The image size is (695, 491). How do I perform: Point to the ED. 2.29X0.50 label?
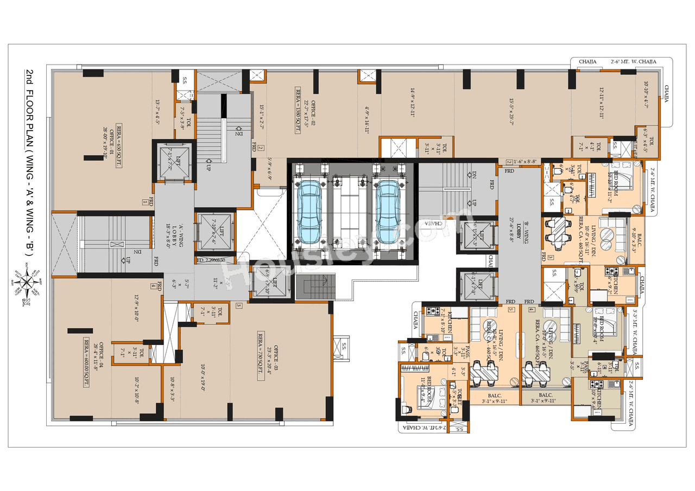coord(211,260)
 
